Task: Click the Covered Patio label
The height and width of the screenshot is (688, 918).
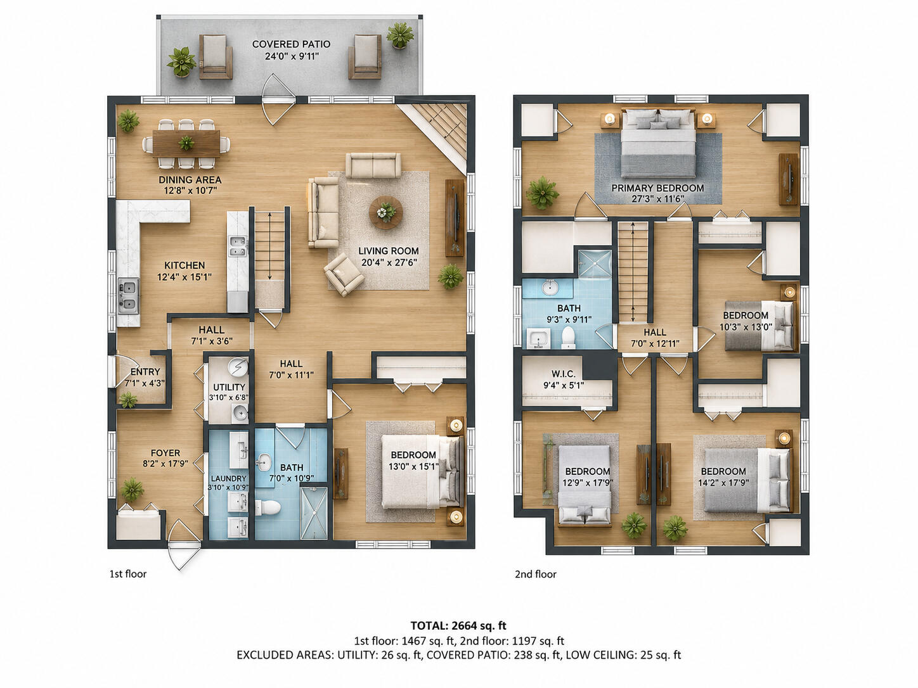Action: (291, 44)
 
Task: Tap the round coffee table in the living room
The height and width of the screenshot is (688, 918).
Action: (385, 212)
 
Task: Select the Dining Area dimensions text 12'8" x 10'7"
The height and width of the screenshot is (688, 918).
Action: (190, 191)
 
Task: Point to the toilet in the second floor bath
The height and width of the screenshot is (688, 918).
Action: (569, 337)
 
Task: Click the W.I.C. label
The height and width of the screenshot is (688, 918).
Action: (564, 374)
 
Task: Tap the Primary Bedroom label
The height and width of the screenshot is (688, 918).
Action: (657, 188)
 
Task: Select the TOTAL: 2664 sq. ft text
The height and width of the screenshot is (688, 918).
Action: (458, 625)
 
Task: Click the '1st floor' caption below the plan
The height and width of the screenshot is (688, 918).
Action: (128, 574)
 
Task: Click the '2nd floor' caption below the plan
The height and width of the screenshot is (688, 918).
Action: (535, 575)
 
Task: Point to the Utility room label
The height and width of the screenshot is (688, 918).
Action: (229, 387)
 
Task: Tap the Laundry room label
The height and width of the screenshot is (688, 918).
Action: (229, 478)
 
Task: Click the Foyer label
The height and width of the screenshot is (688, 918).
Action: (165, 453)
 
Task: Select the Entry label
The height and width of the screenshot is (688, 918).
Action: (145, 372)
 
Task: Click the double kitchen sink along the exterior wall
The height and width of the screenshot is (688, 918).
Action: (129, 296)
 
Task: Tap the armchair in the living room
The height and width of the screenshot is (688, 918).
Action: (344, 274)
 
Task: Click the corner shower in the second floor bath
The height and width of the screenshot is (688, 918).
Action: (594, 263)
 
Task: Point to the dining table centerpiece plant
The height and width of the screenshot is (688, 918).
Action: (186, 143)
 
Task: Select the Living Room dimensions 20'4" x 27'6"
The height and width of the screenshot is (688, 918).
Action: (389, 262)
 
